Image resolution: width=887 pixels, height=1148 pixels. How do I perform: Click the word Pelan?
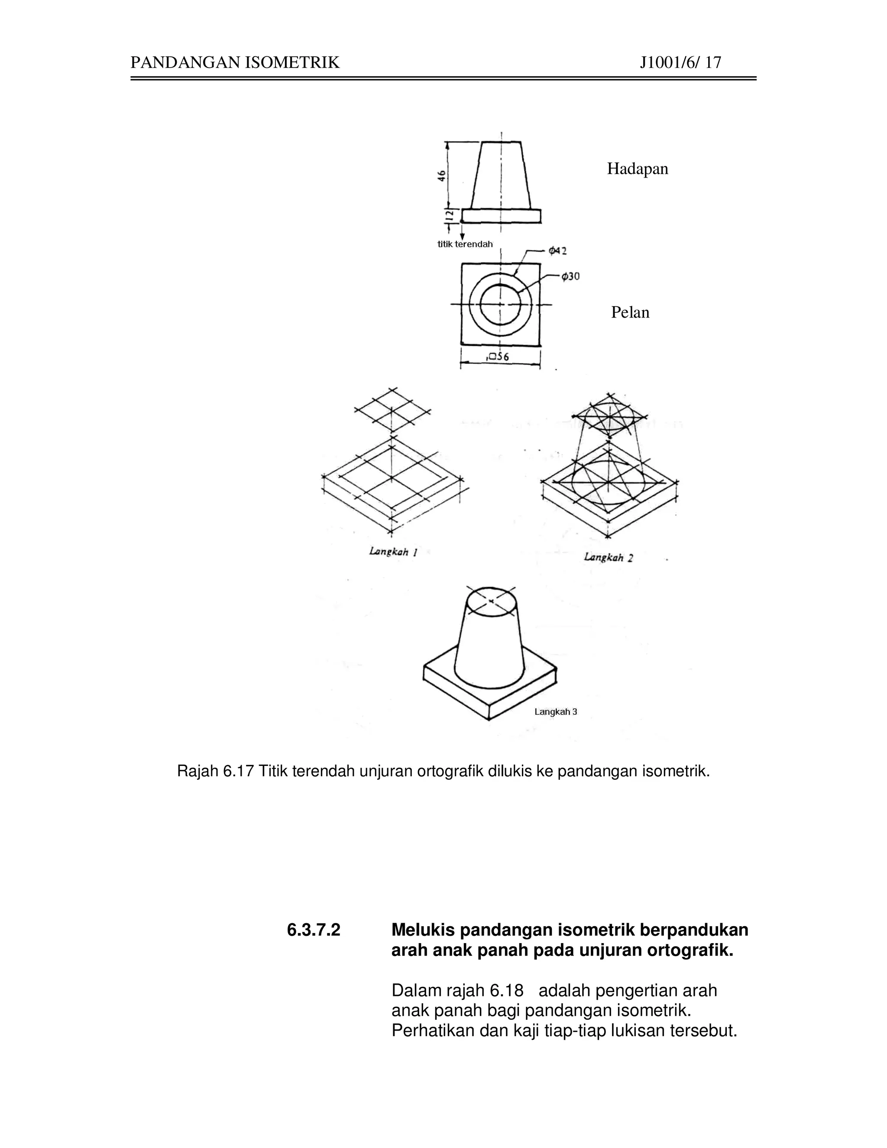(630, 312)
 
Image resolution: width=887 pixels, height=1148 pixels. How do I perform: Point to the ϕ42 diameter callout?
(557, 251)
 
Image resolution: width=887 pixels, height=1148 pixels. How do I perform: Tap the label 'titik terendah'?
(465, 244)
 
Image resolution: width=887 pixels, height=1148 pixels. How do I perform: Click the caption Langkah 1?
(394, 551)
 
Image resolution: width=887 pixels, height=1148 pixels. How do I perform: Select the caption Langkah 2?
(608, 557)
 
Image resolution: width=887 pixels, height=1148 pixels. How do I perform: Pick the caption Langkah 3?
(555, 712)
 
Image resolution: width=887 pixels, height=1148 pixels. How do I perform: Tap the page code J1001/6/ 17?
(680, 63)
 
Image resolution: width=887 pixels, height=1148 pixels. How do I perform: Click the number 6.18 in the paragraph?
(507, 991)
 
